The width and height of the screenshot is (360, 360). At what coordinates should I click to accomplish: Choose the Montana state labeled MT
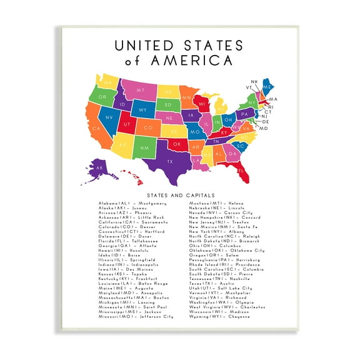(140, 90)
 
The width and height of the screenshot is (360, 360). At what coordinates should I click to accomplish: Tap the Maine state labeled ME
(267, 87)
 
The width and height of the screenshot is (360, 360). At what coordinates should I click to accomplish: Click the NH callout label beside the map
(254, 82)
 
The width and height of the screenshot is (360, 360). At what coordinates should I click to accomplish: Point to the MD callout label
(263, 128)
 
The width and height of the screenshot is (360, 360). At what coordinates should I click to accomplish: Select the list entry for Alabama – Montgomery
(132, 203)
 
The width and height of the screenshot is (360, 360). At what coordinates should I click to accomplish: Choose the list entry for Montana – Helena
(216, 203)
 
